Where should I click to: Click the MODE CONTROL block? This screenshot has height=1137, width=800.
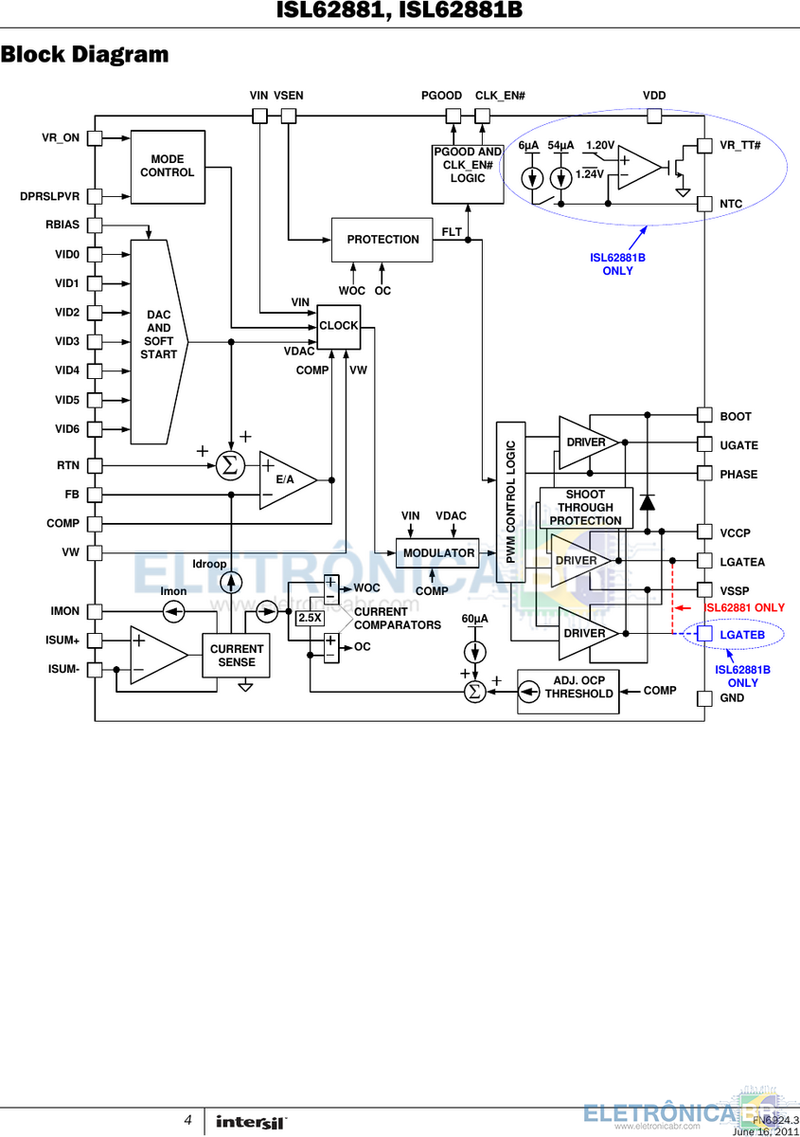(168, 167)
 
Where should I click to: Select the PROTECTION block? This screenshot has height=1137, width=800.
(382, 240)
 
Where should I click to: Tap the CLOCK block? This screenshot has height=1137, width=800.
(338, 327)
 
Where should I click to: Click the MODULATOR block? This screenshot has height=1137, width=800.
(437, 553)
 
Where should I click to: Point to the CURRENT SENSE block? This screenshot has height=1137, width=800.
(236, 656)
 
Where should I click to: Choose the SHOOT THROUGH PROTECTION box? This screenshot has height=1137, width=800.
(586, 508)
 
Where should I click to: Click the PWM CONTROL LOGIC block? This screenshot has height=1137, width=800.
(511, 502)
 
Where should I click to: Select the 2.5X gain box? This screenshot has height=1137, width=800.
(310, 618)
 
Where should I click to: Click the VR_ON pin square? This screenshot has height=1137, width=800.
(95, 138)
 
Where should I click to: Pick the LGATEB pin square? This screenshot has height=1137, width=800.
(704, 634)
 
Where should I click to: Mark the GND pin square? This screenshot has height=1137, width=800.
(704, 699)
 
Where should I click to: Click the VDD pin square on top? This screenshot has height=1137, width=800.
(654, 117)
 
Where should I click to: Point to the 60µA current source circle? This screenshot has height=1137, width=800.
(475, 652)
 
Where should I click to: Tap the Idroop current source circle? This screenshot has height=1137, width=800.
(231, 583)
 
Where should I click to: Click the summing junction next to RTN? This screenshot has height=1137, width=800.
(230, 465)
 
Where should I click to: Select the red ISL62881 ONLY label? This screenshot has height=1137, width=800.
(744, 607)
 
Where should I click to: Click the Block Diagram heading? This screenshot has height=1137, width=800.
(84, 54)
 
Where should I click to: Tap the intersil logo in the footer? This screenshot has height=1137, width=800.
(252, 1122)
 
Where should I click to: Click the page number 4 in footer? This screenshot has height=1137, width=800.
(187, 1120)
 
